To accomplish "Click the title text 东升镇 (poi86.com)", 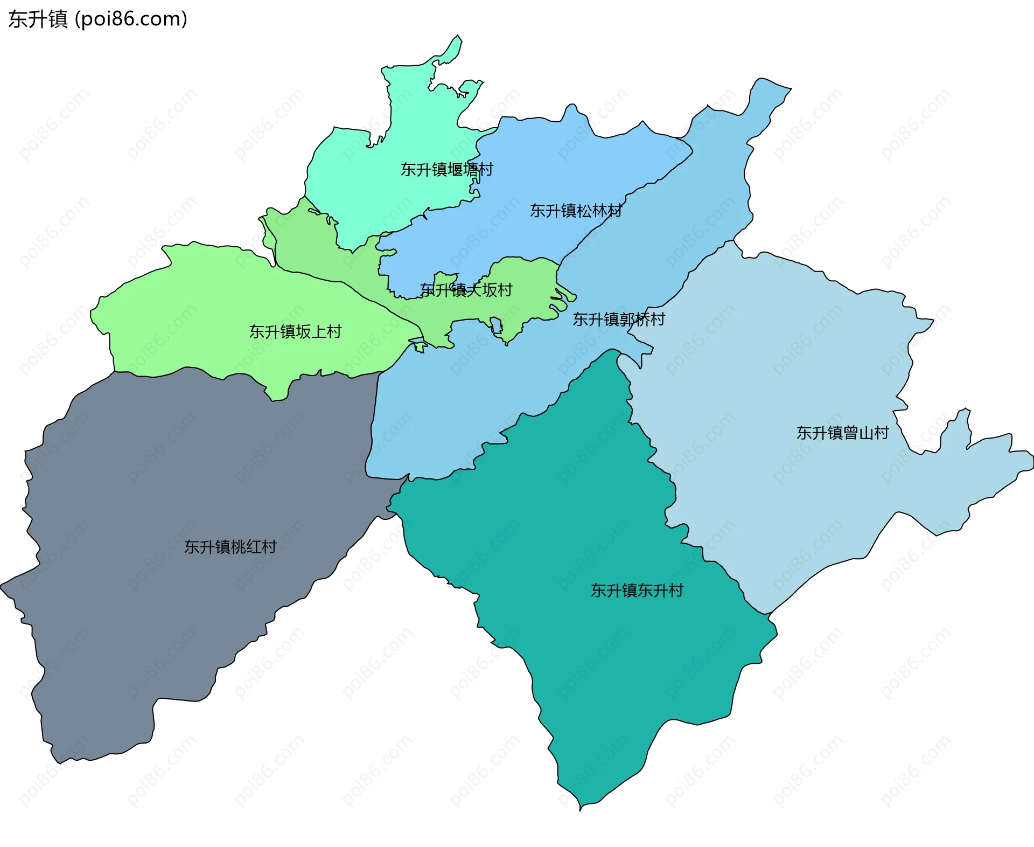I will point(97,19).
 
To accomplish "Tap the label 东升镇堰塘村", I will point(446,170).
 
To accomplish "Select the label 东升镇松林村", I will point(576,211).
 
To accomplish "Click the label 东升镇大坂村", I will point(466,290).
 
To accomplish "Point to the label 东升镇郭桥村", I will point(618,320).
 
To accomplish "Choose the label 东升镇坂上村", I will point(295,332).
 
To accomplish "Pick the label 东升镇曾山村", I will point(842,433).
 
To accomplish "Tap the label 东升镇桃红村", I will point(230,547).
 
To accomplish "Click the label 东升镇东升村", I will point(637,591).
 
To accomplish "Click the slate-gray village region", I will point(162,620).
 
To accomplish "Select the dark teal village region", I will point(592,674).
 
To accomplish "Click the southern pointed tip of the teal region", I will point(581,806).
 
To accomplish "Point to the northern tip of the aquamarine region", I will point(458,38).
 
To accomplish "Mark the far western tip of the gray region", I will point(3,585).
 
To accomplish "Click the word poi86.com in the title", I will point(131,19).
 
